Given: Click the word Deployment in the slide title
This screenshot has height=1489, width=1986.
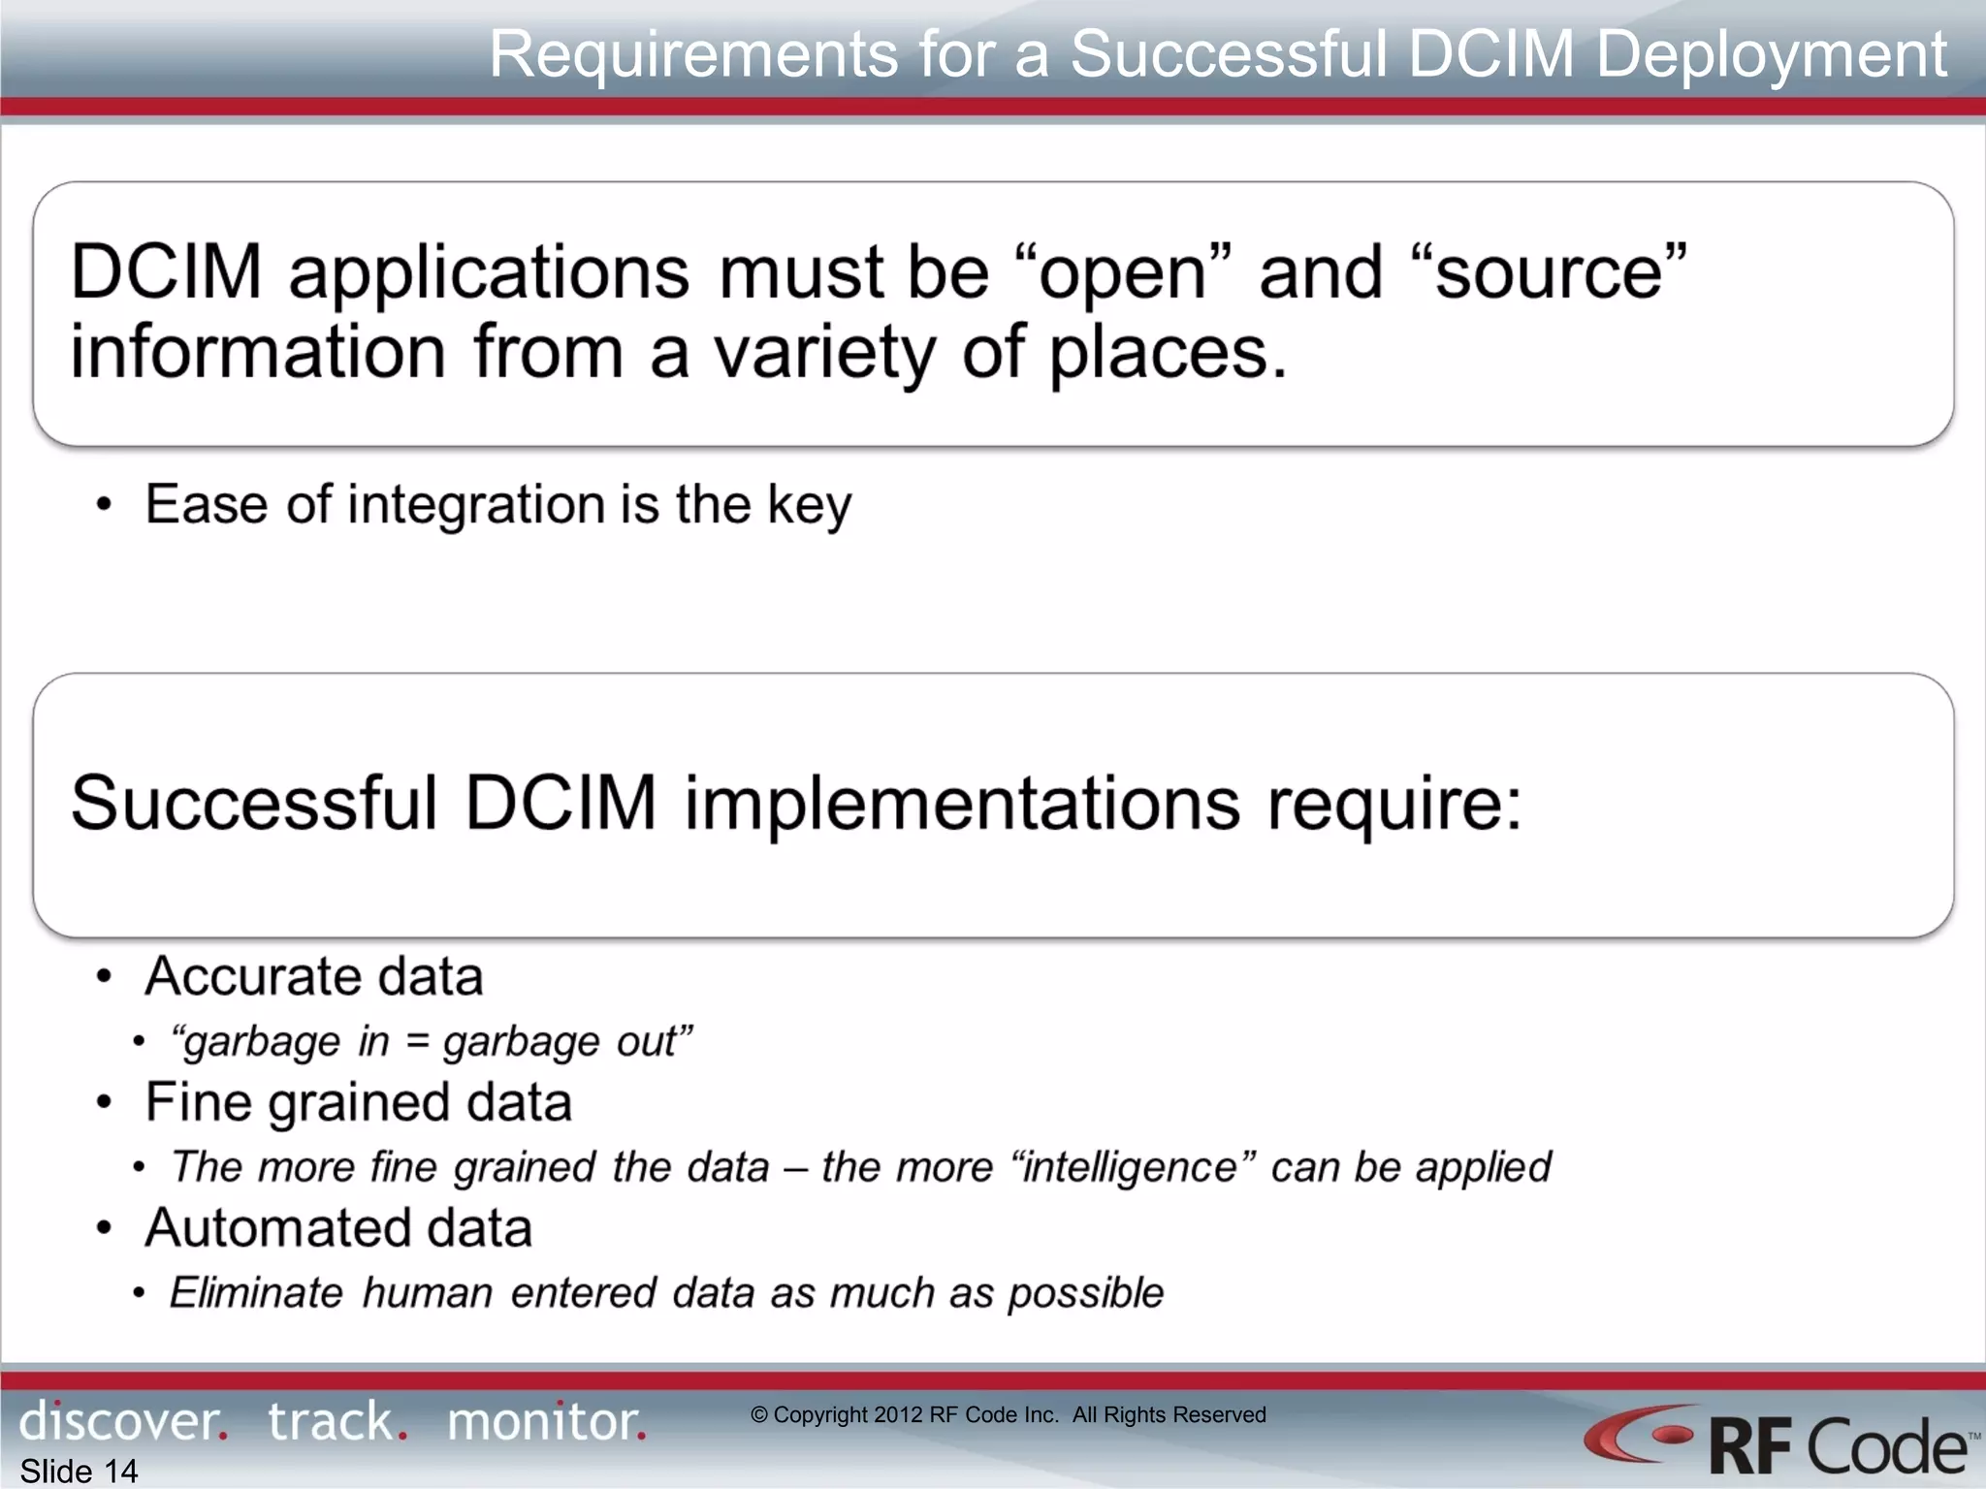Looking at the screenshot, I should click(1771, 54).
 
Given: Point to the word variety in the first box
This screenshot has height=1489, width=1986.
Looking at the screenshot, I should click(824, 352).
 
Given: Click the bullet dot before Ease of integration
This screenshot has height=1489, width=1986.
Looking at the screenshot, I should click(105, 505).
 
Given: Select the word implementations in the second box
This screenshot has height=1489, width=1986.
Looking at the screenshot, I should click(962, 804).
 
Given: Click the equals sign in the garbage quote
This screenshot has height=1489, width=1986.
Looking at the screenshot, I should click(416, 1042).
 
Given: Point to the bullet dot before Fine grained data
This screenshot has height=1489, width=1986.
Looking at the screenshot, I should click(105, 1103).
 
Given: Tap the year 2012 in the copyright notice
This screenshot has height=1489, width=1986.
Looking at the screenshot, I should click(898, 1415).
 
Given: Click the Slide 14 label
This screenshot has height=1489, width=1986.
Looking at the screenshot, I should click(80, 1471).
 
